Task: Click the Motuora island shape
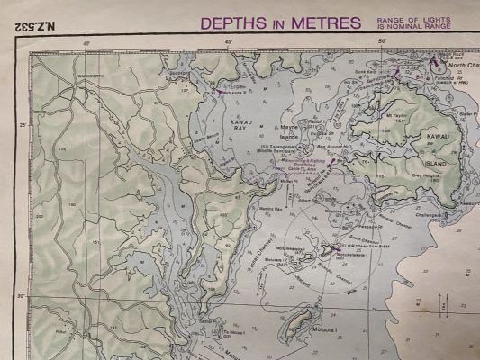[301, 321]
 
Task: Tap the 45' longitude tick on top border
[230, 42]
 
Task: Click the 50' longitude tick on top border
[382, 42]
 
